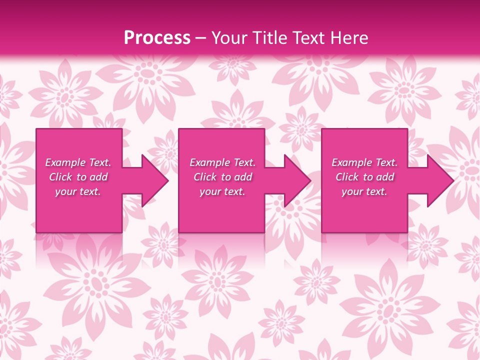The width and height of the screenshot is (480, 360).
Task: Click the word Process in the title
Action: [x=157, y=38]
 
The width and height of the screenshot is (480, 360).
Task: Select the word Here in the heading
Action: [x=350, y=38]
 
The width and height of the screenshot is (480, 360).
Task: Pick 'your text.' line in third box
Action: [x=364, y=191]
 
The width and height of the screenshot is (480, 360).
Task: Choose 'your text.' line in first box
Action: [x=78, y=191]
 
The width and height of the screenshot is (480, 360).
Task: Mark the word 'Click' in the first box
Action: [x=61, y=177]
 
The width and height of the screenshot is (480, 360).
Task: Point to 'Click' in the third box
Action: [x=347, y=177]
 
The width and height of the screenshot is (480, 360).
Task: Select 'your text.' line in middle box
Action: [x=222, y=191]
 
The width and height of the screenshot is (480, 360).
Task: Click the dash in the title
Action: [x=201, y=38]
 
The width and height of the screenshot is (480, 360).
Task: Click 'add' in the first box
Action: [x=98, y=177]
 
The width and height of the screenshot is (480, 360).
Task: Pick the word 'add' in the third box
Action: [x=385, y=177]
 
